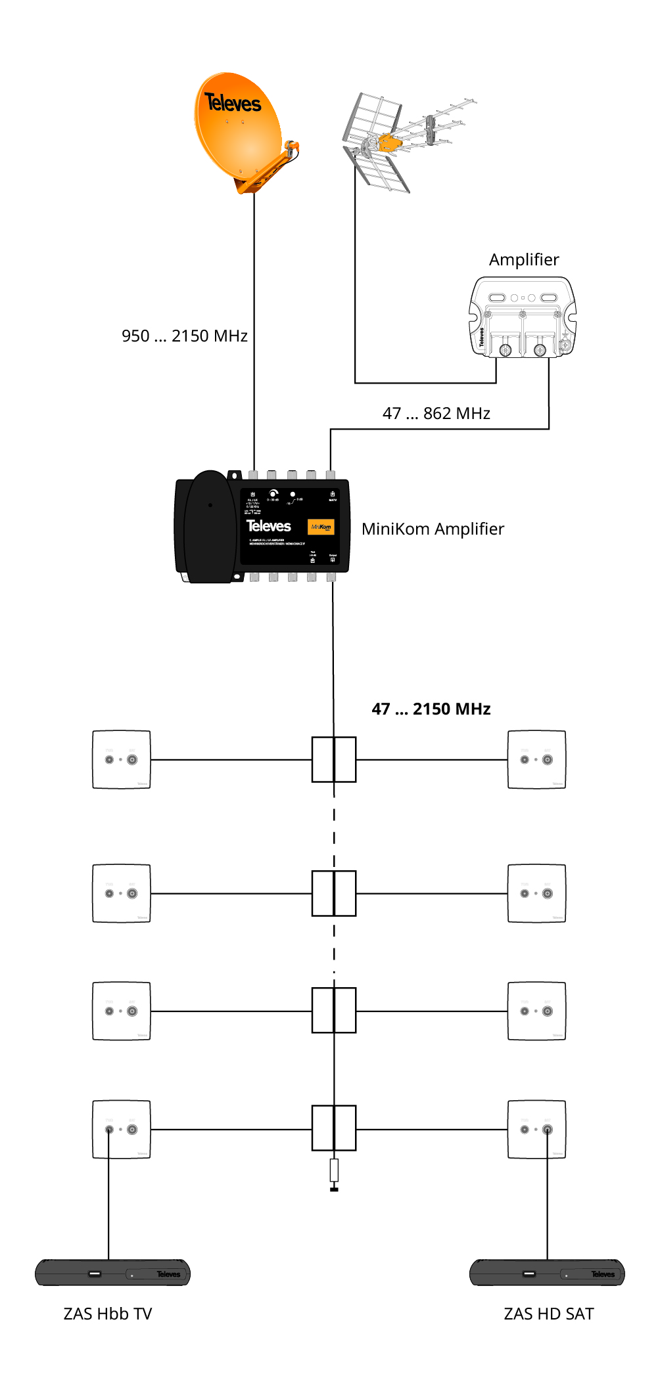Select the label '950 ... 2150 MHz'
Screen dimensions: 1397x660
pos(184,336)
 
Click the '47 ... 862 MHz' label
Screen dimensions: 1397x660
pos(436,414)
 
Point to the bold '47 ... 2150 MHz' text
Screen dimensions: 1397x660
pos(431,709)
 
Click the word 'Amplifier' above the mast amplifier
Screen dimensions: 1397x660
pos(524,260)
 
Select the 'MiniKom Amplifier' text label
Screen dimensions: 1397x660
pos(433,529)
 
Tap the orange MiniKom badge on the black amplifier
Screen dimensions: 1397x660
pos(321,527)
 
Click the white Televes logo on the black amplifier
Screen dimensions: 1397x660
pos(268,526)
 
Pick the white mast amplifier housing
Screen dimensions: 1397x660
pos(523,317)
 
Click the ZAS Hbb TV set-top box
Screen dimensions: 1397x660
pos(112,1273)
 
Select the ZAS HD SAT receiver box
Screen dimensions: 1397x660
pos(547,1273)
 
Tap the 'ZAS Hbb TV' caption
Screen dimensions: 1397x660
pos(108,1314)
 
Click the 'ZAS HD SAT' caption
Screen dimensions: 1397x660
pos(549,1314)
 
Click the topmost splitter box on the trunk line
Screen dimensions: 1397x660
pos(334,760)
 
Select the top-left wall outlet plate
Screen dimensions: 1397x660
pos(122,759)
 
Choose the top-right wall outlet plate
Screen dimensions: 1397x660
pos(536,759)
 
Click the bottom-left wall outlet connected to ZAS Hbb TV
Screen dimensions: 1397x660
pos(122,1130)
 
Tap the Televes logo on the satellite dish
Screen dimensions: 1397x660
pos(233,103)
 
